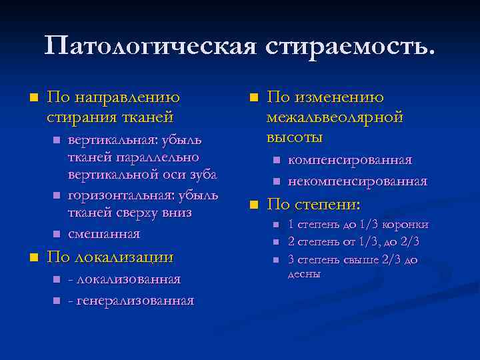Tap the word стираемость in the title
[349, 47]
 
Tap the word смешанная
[104, 234]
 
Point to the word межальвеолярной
[335, 117]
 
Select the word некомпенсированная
[357, 181]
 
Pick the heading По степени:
[313, 204]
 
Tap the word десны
[304, 274]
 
